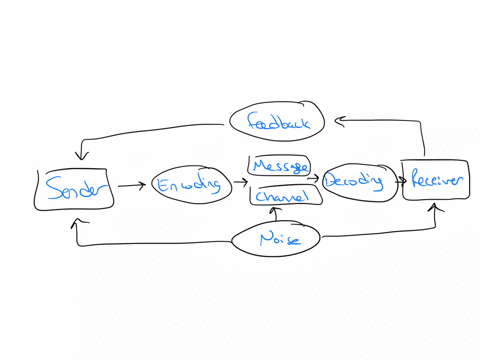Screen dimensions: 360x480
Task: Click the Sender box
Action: (x=74, y=189)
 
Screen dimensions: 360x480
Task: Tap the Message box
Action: (x=279, y=165)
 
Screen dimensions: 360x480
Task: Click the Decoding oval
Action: (x=354, y=182)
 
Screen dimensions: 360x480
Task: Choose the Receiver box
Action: (x=435, y=180)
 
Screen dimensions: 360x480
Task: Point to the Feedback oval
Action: (x=277, y=123)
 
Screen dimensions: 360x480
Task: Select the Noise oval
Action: (x=276, y=239)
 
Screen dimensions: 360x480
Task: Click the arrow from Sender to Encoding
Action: (x=130, y=185)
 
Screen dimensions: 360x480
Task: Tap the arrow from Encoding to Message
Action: (x=240, y=184)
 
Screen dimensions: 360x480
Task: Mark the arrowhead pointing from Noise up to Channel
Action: (x=273, y=212)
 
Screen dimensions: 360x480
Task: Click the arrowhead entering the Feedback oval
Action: (x=339, y=121)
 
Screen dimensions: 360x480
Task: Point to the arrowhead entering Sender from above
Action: (x=81, y=156)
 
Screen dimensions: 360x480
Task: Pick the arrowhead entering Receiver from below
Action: (x=436, y=207)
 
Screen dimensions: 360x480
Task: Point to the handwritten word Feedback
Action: (x=277, y=123)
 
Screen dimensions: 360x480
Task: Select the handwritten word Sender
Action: (x=74, y=189)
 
